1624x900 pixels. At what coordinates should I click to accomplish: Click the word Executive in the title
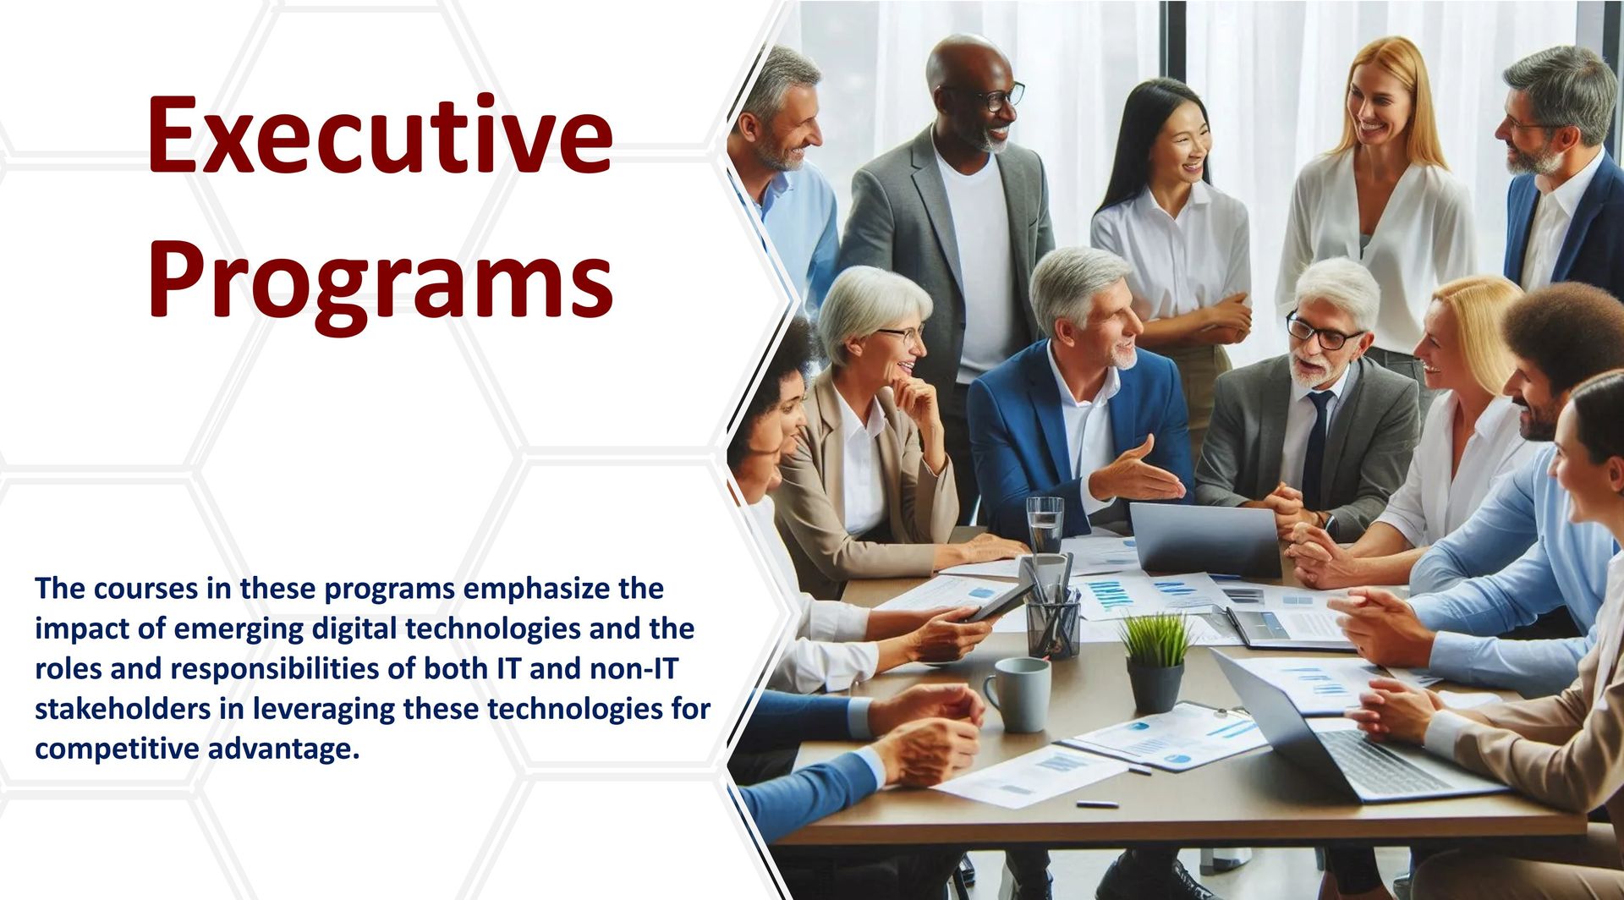point(380,134)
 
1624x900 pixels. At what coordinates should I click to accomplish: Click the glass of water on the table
point(1045,525)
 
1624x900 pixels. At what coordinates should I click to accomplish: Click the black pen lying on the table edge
point(1097,804)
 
